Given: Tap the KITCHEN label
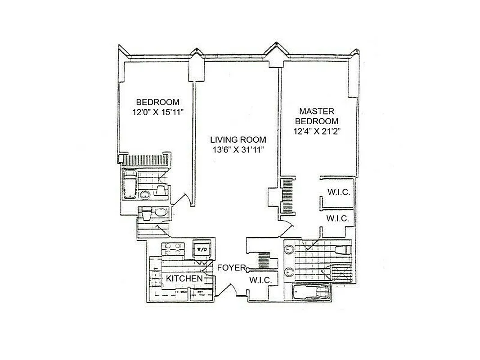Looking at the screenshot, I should tap(184, 279).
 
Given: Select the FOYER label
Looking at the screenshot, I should tap(232, 268).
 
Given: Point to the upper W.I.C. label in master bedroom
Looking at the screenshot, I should tap(338, 193).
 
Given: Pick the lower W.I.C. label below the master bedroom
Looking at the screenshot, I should tap(338, 218).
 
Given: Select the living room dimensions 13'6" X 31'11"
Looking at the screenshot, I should tap(238, 150).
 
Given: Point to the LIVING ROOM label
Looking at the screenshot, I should tap(238, 139).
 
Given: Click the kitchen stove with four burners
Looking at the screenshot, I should tap(174, 249).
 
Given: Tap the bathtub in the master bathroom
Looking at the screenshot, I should tap(310, 292).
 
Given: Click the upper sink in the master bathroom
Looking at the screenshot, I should tap(289, 250).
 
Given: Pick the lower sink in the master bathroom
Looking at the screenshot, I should tap(289, 271).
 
